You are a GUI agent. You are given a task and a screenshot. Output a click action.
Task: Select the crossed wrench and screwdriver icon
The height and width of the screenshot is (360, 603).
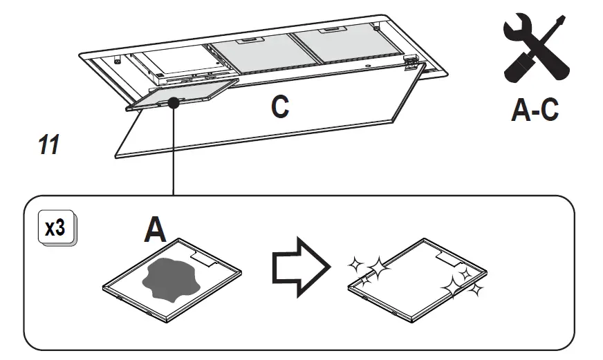click(534, 50)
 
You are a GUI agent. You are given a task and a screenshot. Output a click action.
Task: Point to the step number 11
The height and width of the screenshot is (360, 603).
click(48, 145)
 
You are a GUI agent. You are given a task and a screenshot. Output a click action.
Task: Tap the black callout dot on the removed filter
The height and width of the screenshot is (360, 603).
click(174, 102)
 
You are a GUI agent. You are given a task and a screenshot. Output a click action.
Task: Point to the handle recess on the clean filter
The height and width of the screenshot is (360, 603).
click(449, 257)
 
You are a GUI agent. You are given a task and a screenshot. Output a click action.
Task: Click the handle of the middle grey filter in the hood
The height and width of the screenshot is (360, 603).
click(246, 43)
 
